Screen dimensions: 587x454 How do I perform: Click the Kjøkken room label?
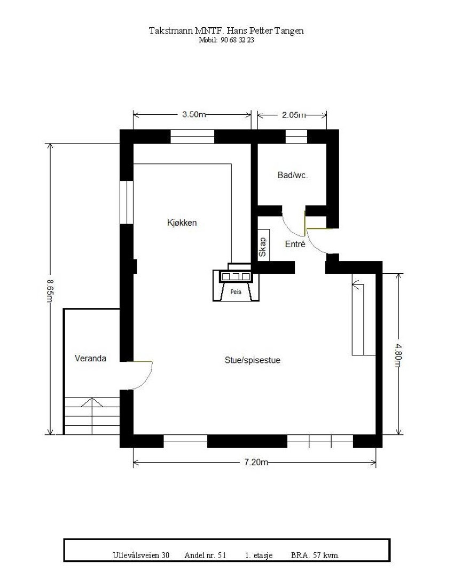182,223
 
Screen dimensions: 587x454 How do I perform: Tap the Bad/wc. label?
293,175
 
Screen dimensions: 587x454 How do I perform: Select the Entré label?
294,244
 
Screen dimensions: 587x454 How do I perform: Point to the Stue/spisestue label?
252,360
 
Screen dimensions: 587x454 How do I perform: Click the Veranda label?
90,358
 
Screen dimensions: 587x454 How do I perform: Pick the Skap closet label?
263,247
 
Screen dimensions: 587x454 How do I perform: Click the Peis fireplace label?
236,292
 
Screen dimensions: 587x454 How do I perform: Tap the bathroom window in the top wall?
296,137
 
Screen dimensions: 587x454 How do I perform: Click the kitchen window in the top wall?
192,137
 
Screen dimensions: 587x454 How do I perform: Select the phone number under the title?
225,40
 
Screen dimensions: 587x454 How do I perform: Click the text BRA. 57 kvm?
315,556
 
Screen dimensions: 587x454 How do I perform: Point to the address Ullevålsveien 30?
141,556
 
